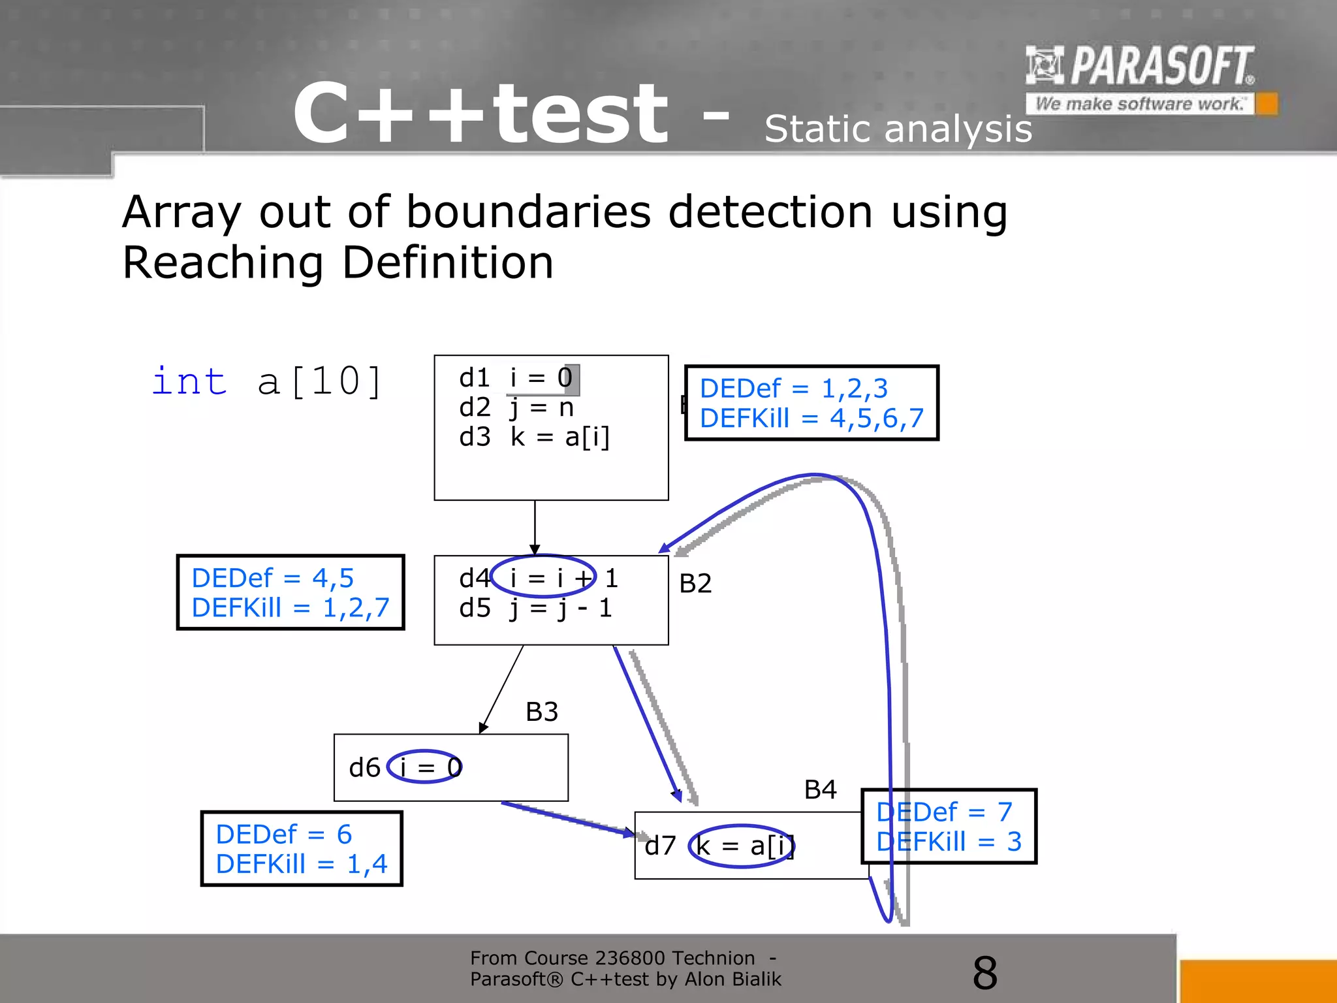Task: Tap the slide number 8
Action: pos(984,973)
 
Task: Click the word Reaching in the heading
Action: pos(223,263)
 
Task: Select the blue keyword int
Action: pos(189,381)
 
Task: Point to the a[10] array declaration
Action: pos(319,381)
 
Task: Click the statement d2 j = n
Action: pos(516,407)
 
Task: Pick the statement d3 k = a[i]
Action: pos(534,437)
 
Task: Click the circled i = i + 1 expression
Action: pos(543,577)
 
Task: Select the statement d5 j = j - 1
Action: pos(535,608)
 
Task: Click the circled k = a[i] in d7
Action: pos(742,846)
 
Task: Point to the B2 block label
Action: pos(695,583)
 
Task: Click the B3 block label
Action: pos(542,712)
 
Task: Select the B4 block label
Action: pos(820,790)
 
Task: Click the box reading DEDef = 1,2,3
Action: pos(811,403)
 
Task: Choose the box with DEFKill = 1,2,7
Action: pos(291,593)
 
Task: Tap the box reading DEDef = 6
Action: pos(302,849)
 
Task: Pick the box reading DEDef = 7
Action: pos(949,827)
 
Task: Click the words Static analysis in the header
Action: pos(898,129)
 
